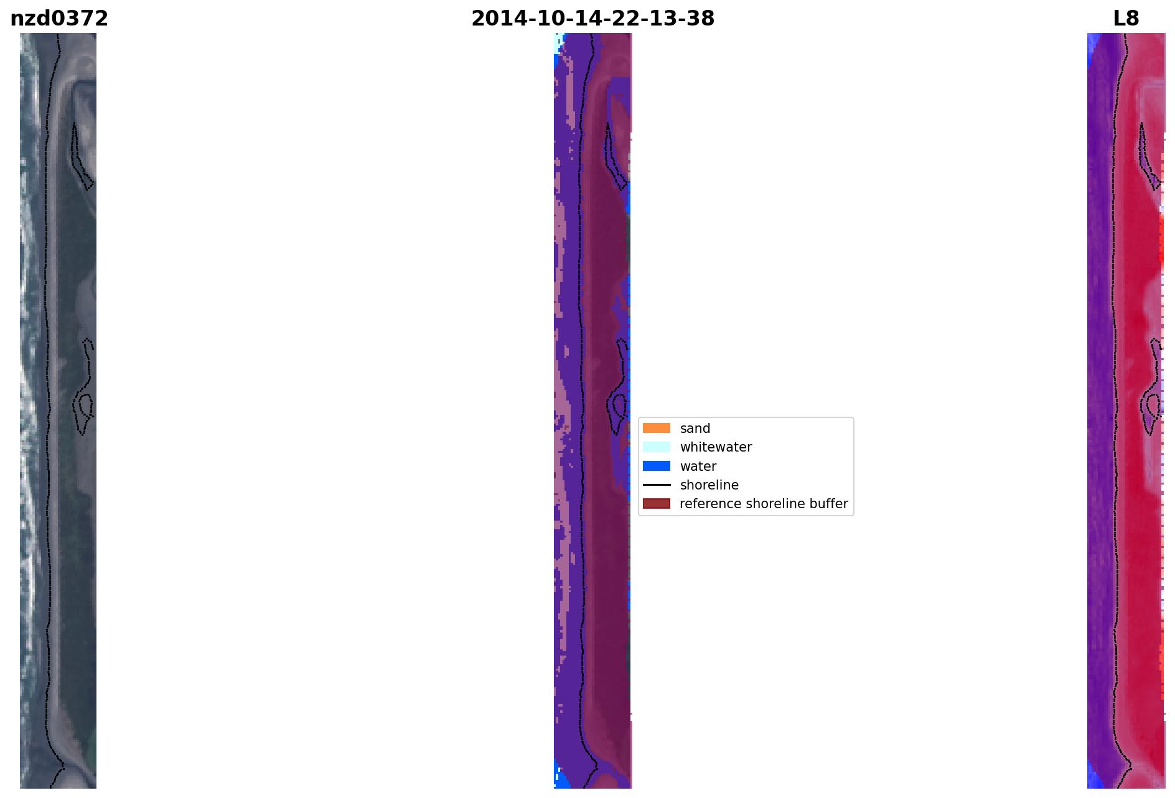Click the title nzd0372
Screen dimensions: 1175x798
point(59,19)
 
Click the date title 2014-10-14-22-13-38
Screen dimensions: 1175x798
point(592,19)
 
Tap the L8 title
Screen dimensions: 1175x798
point(1126,19)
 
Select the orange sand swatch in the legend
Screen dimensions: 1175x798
point(657,428)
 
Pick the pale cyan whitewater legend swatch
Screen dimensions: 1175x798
point(657,447)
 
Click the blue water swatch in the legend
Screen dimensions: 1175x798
point(657,466)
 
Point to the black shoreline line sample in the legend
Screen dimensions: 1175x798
point(657,485)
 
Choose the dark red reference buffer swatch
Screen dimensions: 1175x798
point(657,503)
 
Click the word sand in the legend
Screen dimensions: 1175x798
point(695,429)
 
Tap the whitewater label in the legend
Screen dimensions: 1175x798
point(716,447)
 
